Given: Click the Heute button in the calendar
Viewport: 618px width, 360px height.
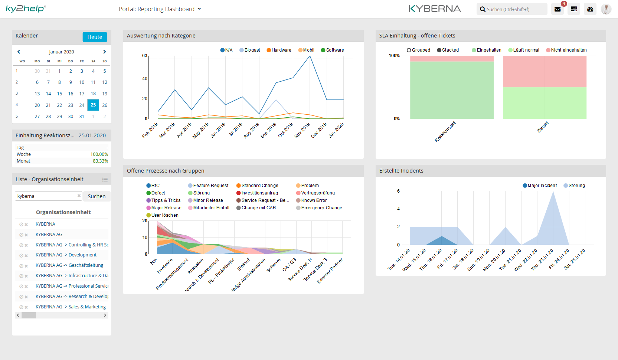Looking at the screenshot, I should (x=95, y=37).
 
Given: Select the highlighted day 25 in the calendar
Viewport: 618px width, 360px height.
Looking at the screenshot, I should (x=93, y=105).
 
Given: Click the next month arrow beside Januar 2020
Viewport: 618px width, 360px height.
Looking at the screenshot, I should (x=105, y=52).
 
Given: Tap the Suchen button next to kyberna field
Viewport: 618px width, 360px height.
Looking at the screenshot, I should (x=97, y=196).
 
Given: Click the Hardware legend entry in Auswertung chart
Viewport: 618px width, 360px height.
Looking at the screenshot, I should (x=279, y=50).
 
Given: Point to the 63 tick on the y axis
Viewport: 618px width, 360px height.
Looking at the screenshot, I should (x=145, y=56).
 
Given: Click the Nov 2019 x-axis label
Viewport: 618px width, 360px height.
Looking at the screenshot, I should (x=302, y=131).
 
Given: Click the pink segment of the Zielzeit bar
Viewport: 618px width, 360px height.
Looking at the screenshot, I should (x=545, y=71).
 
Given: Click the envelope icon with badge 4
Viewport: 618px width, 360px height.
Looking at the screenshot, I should (x=557, y=9).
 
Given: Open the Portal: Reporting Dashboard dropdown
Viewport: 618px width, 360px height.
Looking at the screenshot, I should (x=160, y=9).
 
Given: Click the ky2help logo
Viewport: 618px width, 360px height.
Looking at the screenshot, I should (x=26, y=9).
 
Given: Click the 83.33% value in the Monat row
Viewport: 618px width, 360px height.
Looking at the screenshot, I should (x=100, y=161).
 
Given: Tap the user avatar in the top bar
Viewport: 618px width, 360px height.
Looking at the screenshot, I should (x=606, y=9).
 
